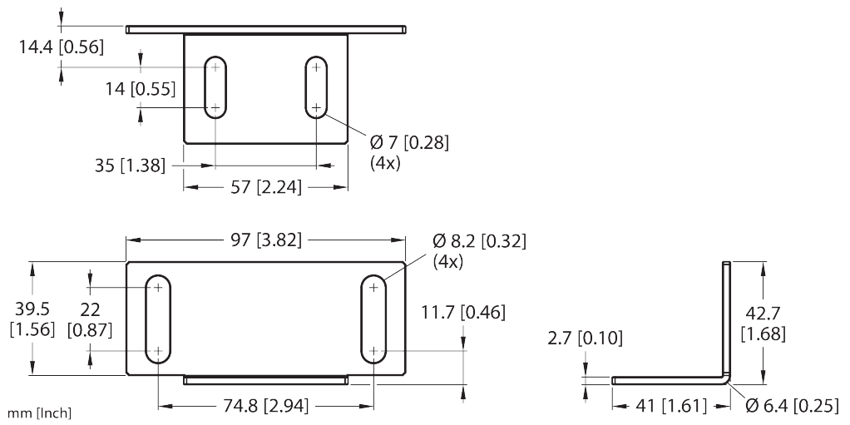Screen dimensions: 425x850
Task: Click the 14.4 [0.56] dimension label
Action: (x=62, y=47)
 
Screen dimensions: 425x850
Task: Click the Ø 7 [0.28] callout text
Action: (x=409, y=143)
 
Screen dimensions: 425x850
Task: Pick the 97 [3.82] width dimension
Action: (x=266, y=241)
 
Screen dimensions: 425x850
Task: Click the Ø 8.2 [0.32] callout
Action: (x=480, y=241)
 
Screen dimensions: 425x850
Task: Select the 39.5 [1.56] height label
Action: (x=32, y=319)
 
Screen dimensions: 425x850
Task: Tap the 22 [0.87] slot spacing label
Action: (x=91, y=319)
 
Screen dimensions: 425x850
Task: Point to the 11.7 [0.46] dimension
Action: (x=463, y=313)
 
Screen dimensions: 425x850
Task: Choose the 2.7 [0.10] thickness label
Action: (x=586, y=338)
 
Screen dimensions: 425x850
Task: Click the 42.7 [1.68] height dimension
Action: (x=763, y=323)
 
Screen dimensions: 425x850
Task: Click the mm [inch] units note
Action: (x=40, y=413)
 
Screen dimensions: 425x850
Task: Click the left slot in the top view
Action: (x=215, y=87)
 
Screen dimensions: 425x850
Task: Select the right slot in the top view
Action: (x=315, y=87)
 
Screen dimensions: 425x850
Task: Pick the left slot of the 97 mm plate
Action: (x=157, y=319)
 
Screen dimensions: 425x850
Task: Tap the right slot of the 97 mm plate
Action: (x=373, y=319)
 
